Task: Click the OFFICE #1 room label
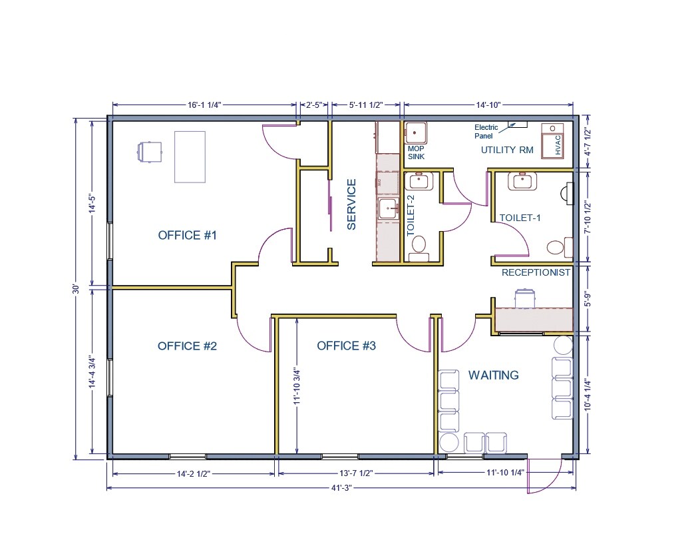click(x=188, y=235)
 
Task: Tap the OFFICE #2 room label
click(x=188, y=346)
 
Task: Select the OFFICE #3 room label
click(x=346, y=346)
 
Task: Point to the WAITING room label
click(x=493, y=375)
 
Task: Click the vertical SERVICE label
click(x=352, y=204)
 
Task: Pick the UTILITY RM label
click(x=507, y=150)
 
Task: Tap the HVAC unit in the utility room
click(x=552, y=142)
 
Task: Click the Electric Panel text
click(x=486, y=131)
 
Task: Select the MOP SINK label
click(x=417, y=152)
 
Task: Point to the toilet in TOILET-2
click(x=419, y=244)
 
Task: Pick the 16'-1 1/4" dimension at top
click(x=204, y=105)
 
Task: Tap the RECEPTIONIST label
click(x=536, y=272)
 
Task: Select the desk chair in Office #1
click(x=150, y=151)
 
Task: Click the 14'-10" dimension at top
click(x=487, y=105)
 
